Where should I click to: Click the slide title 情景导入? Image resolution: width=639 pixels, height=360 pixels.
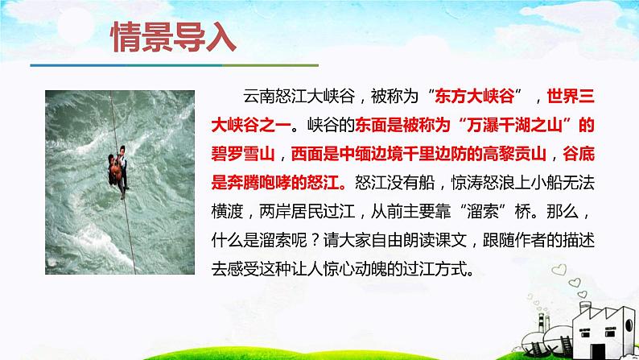pyautogui.click(x=173, y=37)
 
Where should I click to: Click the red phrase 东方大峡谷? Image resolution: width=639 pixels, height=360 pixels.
pyautogui.click(x=474, y=96)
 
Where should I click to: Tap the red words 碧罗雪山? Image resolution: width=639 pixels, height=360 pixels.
pyautogui.click(x=243, y=154)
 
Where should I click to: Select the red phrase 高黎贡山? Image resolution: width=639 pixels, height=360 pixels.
pyautogui.click(x=514, y=154)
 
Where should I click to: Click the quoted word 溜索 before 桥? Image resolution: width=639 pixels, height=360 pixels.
pyautogui.click(x=483, y=212)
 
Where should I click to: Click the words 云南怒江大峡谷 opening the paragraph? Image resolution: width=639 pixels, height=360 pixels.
pyautogui.click(x=299, y=96)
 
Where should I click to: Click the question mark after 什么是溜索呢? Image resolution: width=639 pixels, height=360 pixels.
pyautogui.click(x=315, y=241)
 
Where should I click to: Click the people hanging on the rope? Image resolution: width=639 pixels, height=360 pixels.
pyautogui.click(x=118, y=171)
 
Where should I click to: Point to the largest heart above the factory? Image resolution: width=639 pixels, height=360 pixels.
pyautogui.click(x=559, y=270)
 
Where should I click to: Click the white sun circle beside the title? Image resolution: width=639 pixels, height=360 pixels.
pyautogui.click(x=76, y=25)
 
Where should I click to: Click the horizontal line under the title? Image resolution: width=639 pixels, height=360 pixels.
pyautogui.click(x=175, y=65)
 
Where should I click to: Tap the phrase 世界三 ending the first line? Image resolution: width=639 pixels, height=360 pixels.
pyautogui.click(x=571, y=96)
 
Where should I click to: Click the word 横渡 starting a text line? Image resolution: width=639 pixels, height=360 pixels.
pyautogui.click(x=227, y=212)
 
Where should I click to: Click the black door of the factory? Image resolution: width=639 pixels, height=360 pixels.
pyautogui.click(x=598, y=352)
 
